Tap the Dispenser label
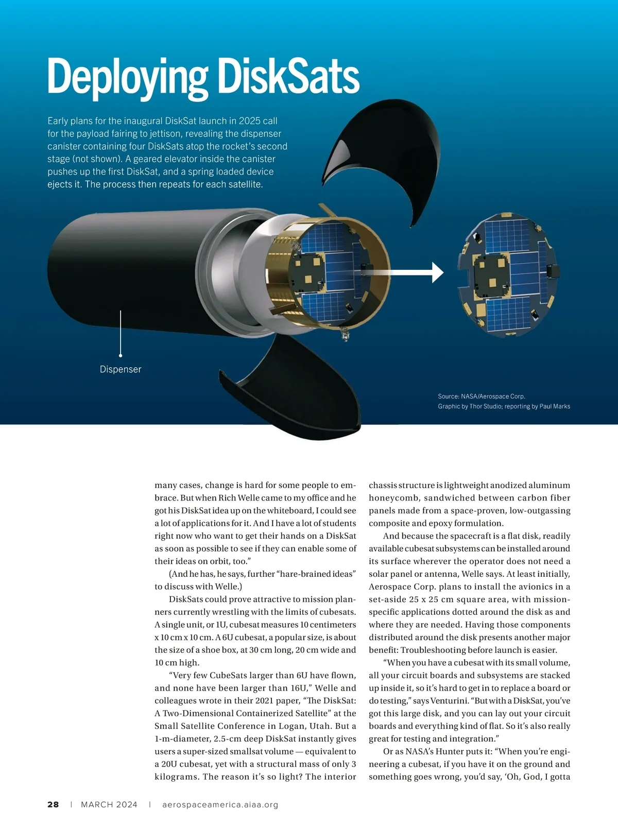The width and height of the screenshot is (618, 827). point(121,369)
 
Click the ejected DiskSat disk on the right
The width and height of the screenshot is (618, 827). point(508,275)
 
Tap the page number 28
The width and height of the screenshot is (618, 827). point(53,804)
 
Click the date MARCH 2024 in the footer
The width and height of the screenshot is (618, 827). point(109,804)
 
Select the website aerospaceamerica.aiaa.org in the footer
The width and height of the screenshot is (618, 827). point(220,804)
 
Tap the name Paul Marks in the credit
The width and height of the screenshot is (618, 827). point(555,406)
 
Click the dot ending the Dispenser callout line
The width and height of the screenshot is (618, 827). point(121,355)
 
